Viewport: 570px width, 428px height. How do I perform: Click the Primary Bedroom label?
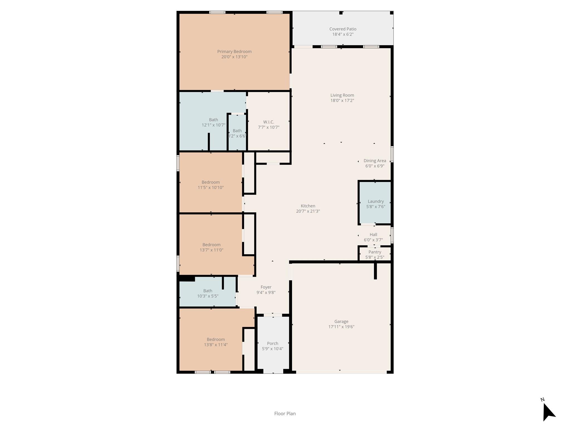[234, 52]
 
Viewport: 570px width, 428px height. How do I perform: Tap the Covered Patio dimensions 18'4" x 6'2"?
[343, 34]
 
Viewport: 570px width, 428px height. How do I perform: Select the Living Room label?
[342, 95]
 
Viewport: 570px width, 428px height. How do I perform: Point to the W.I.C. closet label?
[269, 122]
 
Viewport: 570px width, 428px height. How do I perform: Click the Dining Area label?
[375, 161]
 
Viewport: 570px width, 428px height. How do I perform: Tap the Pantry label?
[375, 252]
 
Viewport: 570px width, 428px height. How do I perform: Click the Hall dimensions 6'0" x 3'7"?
[373, 240]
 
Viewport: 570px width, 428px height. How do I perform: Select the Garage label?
[341, 322]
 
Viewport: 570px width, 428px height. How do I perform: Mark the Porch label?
[272, 344]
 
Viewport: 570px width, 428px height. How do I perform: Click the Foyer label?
[266, 287]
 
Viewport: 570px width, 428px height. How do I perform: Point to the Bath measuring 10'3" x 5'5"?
[208, 293]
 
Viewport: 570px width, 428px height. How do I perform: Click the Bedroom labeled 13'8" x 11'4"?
[216, 342]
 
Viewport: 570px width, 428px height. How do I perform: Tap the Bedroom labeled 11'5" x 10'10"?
[211, 185]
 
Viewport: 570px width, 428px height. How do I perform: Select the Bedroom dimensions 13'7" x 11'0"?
[211, 250]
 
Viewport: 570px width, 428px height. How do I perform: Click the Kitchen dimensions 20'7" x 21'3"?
[308, 211]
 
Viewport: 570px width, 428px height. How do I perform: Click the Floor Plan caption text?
[285, 414]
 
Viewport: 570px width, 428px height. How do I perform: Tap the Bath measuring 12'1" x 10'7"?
[213, 122]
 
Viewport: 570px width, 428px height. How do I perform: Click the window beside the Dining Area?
[392, 154]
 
